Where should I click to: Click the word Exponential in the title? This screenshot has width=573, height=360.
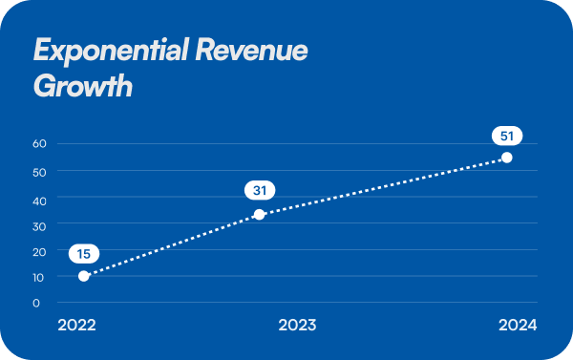coord(111,52)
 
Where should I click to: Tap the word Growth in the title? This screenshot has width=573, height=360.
coord(82,87)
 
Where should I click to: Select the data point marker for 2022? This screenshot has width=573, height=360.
coord(84,276)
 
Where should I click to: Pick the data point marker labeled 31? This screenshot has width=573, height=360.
coord(259,214)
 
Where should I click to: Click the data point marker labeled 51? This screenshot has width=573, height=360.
coord(507,158)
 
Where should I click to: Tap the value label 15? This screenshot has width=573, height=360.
coord(84,254)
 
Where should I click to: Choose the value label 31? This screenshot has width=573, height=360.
coord(259,191)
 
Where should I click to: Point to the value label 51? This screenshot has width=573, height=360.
coord(507,135)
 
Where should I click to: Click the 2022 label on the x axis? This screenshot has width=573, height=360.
coord(76,325)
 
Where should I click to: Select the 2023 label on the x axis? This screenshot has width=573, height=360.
coord(297,325)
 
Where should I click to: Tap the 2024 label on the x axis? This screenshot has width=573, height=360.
coord(518,325)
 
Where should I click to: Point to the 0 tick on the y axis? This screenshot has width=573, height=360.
coord(36,304)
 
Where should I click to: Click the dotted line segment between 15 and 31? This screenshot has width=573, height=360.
coord(172,245)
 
